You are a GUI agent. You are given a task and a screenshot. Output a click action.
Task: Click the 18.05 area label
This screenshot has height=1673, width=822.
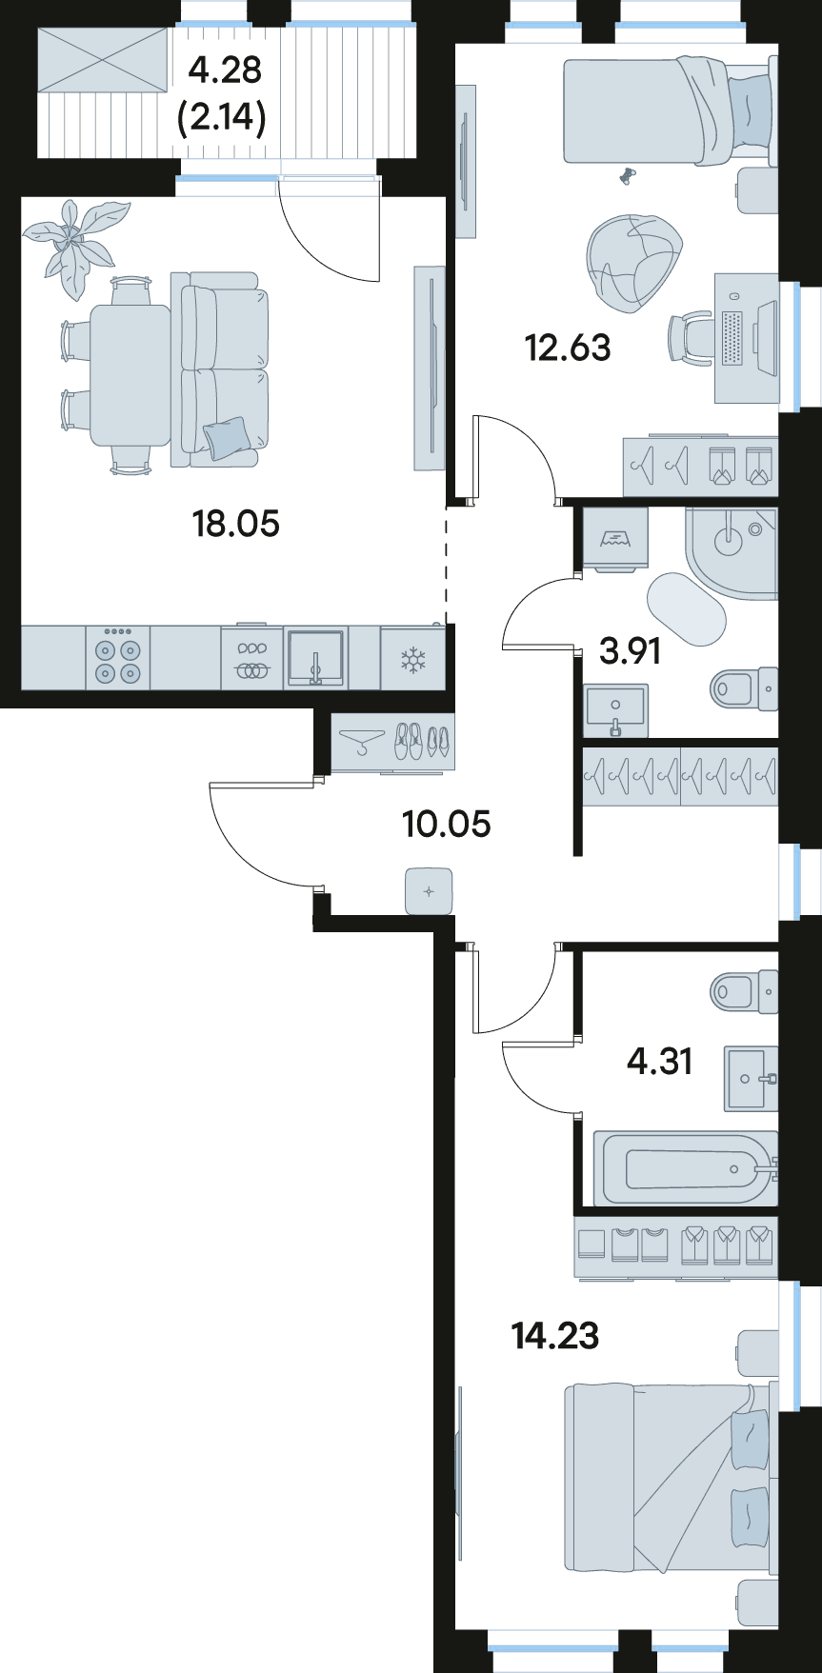click(x=236, y=523)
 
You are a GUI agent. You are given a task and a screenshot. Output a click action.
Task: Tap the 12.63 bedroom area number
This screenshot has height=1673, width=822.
click(x=568, y=348)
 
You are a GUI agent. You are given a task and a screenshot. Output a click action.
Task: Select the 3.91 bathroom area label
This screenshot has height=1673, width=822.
click(x=630, y=651)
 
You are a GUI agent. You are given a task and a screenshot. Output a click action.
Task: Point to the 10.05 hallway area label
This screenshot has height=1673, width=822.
click(x=447, y=823)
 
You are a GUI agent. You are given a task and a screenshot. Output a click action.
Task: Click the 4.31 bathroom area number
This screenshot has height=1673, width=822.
click(x=659, y=1060)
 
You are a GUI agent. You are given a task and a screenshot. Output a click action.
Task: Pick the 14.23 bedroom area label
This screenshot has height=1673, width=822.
click(x=555, y=1336)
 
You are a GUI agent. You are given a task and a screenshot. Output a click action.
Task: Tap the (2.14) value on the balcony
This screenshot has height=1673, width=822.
click(x=222, y=119)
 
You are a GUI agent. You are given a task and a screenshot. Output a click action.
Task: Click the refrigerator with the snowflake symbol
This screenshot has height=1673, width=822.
click(x=412, y=658)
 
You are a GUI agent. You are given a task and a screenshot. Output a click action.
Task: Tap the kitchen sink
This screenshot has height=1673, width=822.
click(x=315, y=658)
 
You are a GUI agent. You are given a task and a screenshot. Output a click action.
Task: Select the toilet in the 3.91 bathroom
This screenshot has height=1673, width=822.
click(x=744, y=686)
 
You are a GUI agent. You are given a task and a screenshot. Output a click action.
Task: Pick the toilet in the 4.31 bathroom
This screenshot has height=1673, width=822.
click(x=744, y=991)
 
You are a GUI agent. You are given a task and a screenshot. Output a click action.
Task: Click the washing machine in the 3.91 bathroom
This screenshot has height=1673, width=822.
click(x=615, y=539)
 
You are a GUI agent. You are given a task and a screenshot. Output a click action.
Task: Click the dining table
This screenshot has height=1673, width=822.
click(x=130, y=375)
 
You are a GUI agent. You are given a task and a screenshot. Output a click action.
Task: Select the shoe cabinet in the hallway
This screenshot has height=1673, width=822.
click(x=392, y=742)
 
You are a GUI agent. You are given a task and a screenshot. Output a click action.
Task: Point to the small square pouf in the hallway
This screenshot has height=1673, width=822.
click(x=429, y=892)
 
